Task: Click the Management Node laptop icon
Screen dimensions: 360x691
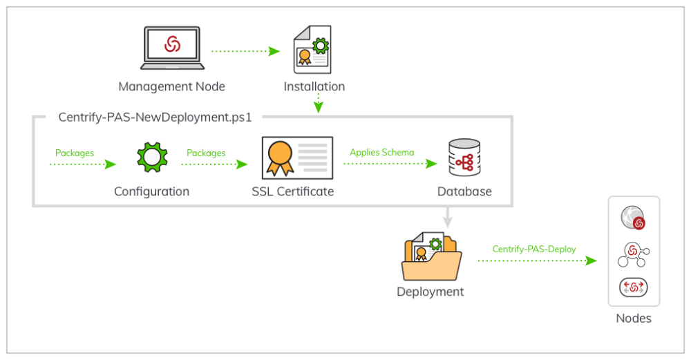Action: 172,48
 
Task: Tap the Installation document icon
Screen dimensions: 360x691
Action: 312,49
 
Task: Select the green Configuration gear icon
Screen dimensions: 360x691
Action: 151,157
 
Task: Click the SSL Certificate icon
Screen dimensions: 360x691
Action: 294,158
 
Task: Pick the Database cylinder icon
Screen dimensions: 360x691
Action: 464,158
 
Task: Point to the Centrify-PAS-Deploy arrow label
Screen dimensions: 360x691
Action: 534,249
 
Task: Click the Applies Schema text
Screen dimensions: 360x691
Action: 382,152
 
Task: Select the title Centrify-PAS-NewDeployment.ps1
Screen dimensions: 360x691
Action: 155,117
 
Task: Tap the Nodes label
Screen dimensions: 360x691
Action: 634,319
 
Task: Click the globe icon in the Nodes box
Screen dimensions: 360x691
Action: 633,217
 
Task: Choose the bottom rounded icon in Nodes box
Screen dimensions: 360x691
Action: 633,287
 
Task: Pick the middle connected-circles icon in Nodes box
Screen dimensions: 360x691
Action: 634,253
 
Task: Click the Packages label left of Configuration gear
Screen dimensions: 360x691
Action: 75,153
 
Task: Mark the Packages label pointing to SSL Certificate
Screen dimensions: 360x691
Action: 206,153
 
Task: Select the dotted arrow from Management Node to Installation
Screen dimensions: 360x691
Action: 245,51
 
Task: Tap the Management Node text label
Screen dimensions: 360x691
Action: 171,87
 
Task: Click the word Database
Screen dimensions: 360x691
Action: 464,191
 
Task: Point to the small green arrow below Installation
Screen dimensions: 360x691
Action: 317,104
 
